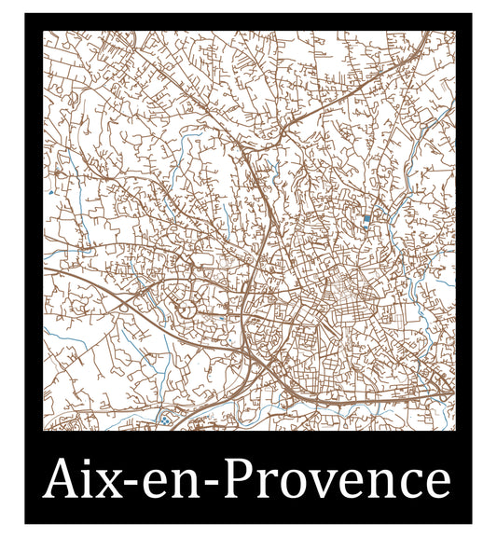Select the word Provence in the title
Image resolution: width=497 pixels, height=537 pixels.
338,481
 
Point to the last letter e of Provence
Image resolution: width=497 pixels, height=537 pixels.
435,486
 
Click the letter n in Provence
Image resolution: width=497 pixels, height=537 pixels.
383,485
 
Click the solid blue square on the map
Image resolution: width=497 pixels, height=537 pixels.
366,218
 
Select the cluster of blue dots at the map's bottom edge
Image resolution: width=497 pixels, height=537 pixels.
166,420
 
